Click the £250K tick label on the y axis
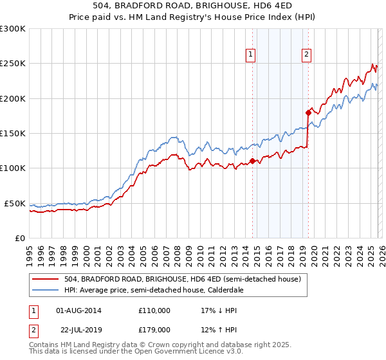point(13,64)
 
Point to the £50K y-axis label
point(15,203)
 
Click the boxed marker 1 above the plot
point(250,55)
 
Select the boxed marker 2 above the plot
point(307,55)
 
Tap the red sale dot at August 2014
point(252,161)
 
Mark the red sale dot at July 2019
point(308,113)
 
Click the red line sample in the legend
point(45,279)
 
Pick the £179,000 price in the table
point(154,330)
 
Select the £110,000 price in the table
point(154,310)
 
